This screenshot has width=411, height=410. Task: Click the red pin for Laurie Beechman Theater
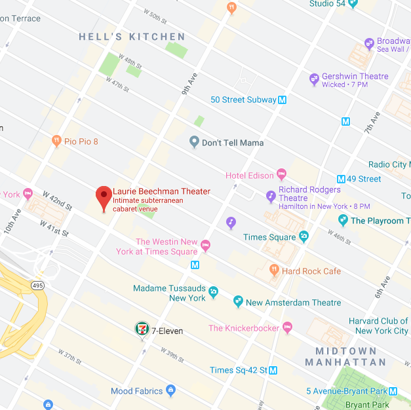click(x=104, y=196)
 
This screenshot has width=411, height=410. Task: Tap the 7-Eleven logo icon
click(x=142, y=329)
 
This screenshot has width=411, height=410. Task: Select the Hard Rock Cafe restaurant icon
click(x=275, y=270)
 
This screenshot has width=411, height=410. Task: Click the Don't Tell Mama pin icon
click(x=193, y=142)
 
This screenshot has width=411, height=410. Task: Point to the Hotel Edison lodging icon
click(x=282, y=175)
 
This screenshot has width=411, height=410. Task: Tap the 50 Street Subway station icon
click(x=283, y=100)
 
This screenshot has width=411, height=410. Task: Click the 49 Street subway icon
click(x=341, y=179)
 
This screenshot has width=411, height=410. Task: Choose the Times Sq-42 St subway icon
click(x=273, y=370)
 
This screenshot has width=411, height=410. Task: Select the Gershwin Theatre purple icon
click(x=314, y=80)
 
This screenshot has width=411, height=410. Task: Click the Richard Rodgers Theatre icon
click(x=271, y=195)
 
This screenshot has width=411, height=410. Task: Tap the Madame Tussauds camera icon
click(x=214, y=291)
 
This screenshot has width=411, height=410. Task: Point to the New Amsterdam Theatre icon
click(x=238, y=302)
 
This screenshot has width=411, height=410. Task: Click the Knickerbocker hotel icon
click(x=286, y=328)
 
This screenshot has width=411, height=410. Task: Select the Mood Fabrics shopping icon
click(x=171, y=391)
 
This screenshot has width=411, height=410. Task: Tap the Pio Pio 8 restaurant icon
click(x=56, y=141)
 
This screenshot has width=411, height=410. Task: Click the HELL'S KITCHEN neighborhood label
click(x=132, y=37)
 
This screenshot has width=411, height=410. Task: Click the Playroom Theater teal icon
click(x=343, y=220)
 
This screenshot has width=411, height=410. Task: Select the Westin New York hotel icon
click(x=205, y=246)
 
